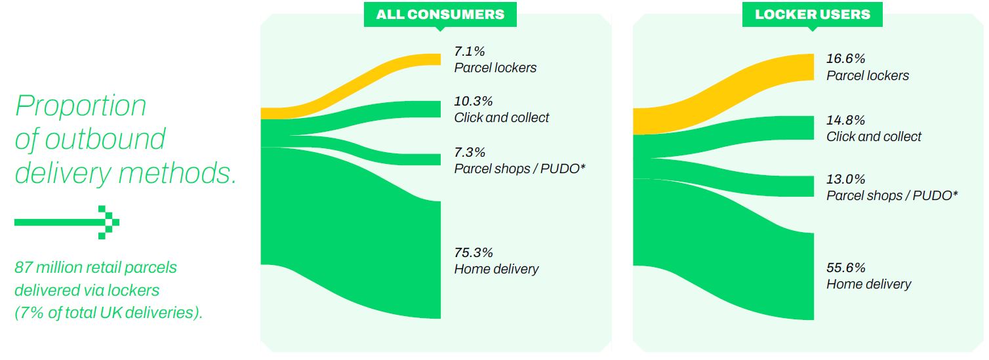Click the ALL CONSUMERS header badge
(440, 15)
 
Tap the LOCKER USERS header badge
(813, 15)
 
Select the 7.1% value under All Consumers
(470, 51)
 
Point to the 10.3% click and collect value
(474, 101)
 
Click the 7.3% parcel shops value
(470, 152)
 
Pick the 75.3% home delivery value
(474, 252)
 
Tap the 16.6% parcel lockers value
(845, 59)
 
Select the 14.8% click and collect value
(845, 120)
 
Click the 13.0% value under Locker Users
(845, 179)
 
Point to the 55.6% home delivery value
(845, 268)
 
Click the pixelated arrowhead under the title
(109, 222)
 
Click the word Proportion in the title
(81, 106)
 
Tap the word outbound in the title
(105, 139)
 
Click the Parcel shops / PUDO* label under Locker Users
(893, 195)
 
